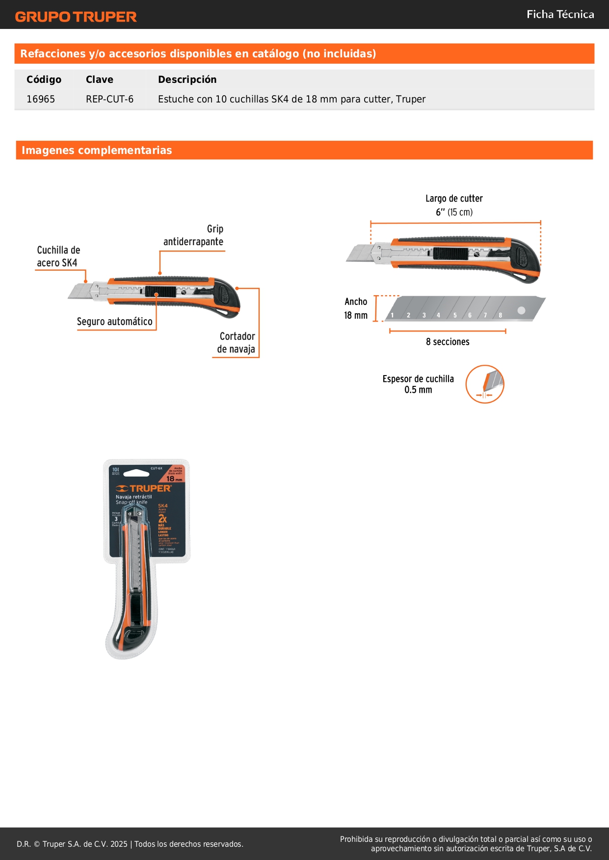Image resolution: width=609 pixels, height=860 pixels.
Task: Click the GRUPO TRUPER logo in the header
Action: point(76,17)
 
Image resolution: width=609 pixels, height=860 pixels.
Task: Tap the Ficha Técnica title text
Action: point(560,14)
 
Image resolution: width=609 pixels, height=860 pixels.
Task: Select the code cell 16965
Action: point(41,99)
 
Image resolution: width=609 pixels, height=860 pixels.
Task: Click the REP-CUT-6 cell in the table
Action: point(109,99)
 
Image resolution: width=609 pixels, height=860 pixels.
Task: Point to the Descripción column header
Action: point(187,79)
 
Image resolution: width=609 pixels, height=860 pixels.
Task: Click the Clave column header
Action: point(99,79)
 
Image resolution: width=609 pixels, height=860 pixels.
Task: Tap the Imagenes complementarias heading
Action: point(97,150)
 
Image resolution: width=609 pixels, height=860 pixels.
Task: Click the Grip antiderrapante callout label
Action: point(194,235)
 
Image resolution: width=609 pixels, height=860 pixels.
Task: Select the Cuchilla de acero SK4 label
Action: point(58,256)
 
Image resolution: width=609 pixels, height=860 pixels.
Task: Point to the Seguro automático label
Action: point(114,322)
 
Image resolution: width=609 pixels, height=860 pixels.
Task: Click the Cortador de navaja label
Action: point(237,343)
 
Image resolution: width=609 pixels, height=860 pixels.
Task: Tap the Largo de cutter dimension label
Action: point(454,205)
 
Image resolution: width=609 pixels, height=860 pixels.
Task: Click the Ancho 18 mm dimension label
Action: point(356,308)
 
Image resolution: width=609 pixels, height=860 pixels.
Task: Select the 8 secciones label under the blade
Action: point(448,342)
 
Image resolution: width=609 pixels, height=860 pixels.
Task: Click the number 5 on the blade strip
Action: point(455,315)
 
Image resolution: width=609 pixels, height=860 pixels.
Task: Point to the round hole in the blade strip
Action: point(521,310)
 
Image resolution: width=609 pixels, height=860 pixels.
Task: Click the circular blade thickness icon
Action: point(485,384)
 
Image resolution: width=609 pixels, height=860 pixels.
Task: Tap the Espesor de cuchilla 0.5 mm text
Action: point(418,384)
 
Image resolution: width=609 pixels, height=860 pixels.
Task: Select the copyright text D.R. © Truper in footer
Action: point(130,844)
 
